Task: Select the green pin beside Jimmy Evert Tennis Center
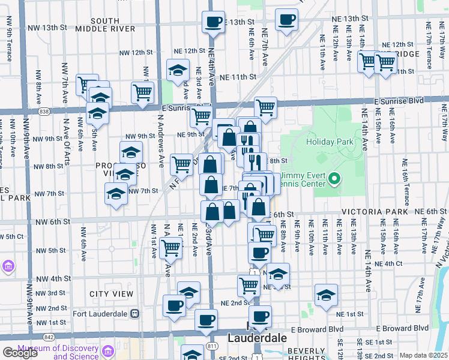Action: (x=336, y=178)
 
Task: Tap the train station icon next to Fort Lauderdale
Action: (x=134, y=313)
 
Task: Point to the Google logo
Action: (x=20, y=353)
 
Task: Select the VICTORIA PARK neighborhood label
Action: (x=369, y=212)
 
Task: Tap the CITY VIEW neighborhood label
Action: (x=111, y=294)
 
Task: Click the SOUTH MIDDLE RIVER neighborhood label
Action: (x=105, y=25)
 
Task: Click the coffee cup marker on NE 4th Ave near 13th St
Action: (x=213, y=23)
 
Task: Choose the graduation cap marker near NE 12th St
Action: (x=177, y=71)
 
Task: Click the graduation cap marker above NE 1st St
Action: (x=326, y=295)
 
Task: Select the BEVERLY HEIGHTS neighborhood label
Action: (x=307, y=351)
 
